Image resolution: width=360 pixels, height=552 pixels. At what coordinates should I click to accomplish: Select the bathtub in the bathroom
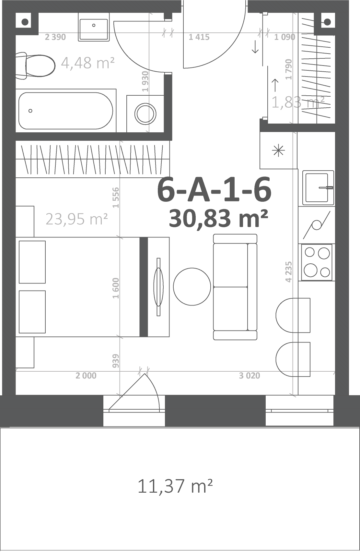(x=66, y=111)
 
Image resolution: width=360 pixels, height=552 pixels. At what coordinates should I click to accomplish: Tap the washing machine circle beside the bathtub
(x=145, y=114)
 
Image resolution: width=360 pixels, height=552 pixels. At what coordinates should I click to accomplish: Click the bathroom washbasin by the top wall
(x=94, y=27)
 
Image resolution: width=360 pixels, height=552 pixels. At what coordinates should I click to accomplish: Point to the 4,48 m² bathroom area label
(x=88, y=63)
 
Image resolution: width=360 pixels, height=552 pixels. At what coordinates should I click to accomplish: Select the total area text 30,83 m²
(x=218, y=218)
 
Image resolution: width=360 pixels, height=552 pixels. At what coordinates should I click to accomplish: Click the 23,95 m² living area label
(x=76, y=219)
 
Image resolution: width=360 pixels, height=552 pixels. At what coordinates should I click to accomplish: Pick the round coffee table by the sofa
(x=192, y=287)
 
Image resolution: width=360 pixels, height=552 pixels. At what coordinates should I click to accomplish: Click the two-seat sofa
(x=235, y=287)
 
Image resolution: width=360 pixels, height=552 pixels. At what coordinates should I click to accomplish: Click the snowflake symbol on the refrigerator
(x=278, y=150)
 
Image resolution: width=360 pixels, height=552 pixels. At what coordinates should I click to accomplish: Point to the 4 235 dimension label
(x=289, y=272)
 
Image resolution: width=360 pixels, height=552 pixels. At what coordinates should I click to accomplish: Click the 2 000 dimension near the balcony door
(x=86, y=376)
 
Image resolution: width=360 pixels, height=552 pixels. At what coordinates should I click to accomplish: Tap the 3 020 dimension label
(x=250, y=376)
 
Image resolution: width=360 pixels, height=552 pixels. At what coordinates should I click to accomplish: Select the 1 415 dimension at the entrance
(x=199, y=37)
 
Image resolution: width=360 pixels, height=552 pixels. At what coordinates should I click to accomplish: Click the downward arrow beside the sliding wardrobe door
(x=255, y=47)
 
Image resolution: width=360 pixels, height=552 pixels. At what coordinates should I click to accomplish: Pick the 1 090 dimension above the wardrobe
(x=285, y=37)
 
